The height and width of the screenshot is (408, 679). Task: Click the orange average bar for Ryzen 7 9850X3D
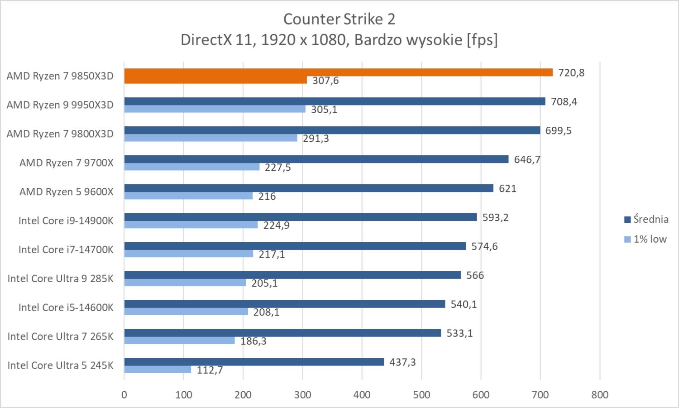coord(338,72)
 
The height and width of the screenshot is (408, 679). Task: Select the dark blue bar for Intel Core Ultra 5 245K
coord(254,362)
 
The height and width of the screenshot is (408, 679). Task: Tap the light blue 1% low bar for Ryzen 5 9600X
coord(188,196)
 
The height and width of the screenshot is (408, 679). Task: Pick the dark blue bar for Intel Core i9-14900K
coord(300,217)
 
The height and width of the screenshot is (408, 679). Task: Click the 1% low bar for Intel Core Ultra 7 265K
coord(179,341)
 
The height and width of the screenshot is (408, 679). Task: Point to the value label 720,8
coord(571,72)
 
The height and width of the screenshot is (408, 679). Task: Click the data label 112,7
coord(210,370)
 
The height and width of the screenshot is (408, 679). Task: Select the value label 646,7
coord(527,159)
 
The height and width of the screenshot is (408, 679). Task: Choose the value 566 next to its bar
coord(475,275)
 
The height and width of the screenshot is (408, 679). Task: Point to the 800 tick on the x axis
coord(600,395)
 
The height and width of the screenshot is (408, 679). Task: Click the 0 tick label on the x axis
coord(124,395)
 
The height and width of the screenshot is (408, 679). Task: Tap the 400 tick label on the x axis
coord(362,395)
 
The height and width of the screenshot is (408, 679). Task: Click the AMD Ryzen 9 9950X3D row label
coord(60,105)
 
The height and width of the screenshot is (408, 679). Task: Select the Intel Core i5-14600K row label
coord(66,307)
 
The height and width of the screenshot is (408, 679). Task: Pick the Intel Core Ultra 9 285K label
coord(60,278)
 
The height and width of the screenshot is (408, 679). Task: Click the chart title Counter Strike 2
coord(339,19)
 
